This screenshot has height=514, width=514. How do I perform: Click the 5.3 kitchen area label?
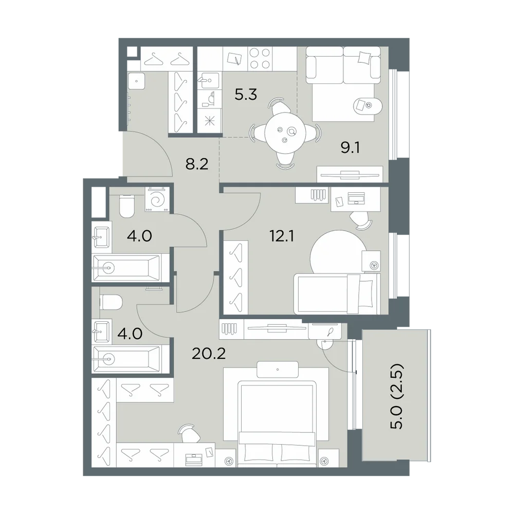[246, 95]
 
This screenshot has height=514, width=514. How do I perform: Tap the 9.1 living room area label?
[350, 148]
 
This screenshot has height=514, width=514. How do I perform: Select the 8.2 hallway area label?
[197, 164]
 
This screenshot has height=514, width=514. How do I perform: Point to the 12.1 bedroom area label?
[282, 236]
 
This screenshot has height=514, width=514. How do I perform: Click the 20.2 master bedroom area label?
[209, 354]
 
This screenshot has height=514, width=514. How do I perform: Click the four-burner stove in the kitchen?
[260, 59]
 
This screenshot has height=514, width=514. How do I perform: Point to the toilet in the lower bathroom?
[111, 302]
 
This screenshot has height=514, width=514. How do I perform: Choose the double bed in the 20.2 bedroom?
[277, 423]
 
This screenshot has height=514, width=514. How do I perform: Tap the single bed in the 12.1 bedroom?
[337, 293]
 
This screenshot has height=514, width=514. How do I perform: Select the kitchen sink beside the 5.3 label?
[208, 80]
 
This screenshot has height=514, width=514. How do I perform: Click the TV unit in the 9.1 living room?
[350, 174]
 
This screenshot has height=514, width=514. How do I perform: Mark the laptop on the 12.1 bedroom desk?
[356, 198]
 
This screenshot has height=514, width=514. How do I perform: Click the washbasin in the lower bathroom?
[102, 331]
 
